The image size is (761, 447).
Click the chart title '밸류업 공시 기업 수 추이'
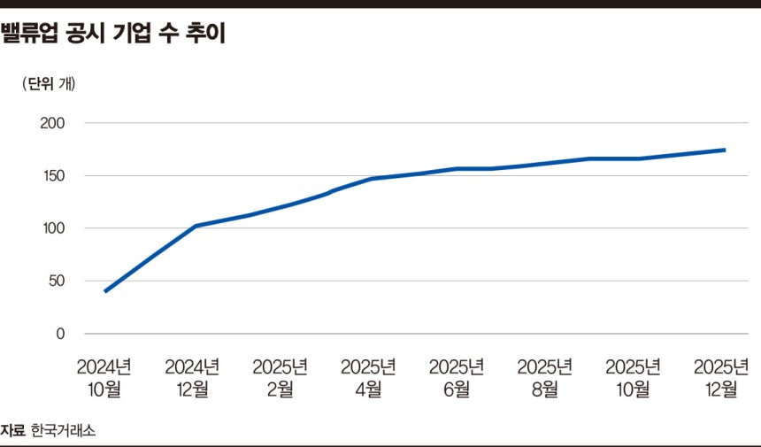point(112,36)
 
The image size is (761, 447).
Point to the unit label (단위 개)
point(50,85)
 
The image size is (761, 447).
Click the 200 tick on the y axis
point(53,123)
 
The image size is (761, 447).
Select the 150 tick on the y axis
point(53,176)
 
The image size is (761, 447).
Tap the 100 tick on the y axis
point(53,228)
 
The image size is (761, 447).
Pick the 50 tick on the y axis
point(57,281)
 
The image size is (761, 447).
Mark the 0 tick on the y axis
point(61,334)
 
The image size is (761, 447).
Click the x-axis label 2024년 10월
point(104,378)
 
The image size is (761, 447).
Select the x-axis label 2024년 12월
point(193,378)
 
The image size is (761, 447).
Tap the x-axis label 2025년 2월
point(281,378)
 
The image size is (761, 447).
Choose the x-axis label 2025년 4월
point(369,378)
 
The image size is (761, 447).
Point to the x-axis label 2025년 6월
point(457,378)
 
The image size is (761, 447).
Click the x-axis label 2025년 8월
point(545,378)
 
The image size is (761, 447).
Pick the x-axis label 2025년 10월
point(634,378)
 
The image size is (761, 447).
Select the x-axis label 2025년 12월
point(721,378)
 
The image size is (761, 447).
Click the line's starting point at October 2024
point(105,291)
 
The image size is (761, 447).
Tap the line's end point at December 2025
point(725,150)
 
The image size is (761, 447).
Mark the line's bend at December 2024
point(195,226)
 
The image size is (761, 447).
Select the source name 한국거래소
point(63,431)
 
